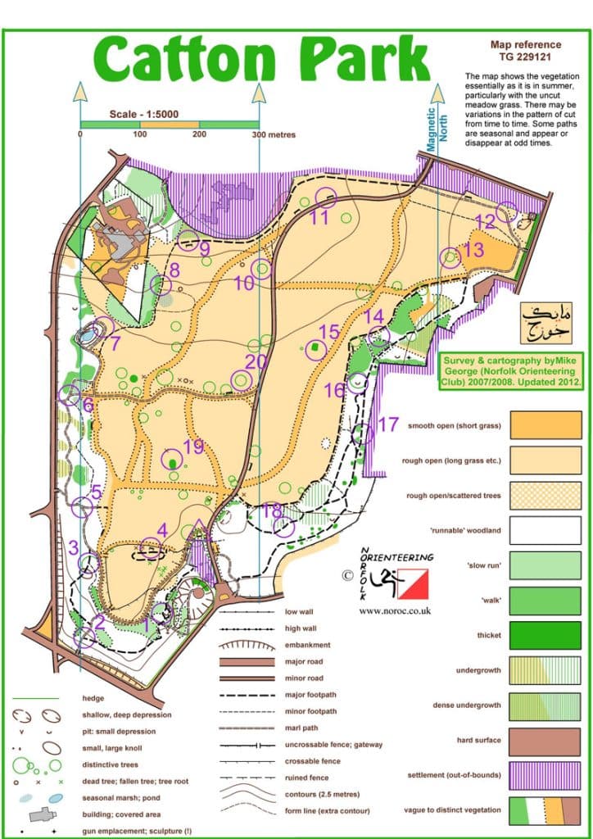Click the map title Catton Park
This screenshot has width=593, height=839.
261,59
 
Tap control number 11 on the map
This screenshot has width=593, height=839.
319,217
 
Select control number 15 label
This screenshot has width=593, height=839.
328,332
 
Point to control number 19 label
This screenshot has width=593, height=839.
193,447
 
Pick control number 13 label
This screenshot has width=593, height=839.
474,251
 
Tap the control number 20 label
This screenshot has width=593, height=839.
256,361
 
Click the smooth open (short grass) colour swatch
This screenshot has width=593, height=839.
545,424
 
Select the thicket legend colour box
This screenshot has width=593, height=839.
545,635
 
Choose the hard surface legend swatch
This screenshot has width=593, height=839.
545,740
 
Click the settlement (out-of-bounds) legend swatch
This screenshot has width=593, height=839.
545,775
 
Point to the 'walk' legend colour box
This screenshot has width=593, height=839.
545,600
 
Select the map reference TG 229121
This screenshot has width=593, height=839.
514,51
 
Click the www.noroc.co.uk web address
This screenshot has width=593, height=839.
395,610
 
